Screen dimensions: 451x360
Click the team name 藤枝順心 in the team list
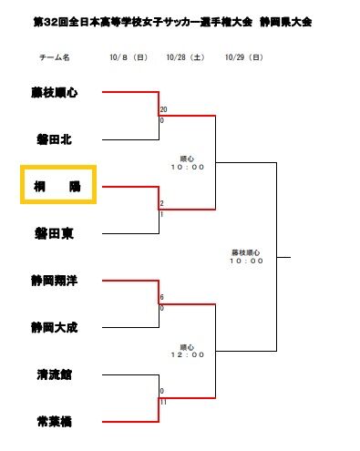pos(52,92)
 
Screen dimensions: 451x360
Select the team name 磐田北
pos(52,139)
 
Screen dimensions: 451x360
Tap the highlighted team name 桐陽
pos(52,186)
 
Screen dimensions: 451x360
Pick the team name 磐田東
pos(52,233)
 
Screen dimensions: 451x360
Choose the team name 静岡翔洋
pos(52,281)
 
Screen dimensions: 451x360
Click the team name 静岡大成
pos(52,327)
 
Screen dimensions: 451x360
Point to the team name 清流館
pos(52,374)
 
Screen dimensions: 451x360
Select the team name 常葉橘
pos(52,421)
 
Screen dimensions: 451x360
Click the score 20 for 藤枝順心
pos(163,109)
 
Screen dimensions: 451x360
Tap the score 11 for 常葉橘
pos(163,402)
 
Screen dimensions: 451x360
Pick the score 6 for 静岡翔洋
pos(161,297)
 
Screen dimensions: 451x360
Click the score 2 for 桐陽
pos(161,203)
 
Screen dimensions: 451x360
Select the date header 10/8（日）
pos(128,57)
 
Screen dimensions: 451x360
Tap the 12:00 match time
pos(186,354)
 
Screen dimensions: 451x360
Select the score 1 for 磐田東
pos(161,214)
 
